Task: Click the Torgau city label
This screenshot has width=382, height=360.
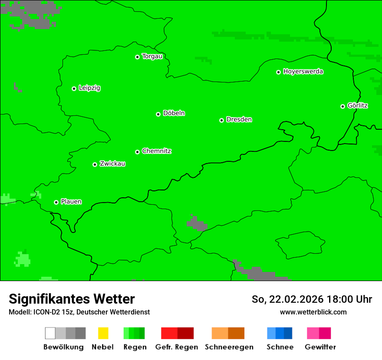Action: tap(152, 56)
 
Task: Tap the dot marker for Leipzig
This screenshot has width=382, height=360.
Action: tap(74, 88)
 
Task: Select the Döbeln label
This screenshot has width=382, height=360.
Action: tap(174, 113)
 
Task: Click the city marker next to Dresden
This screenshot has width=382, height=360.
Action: tap(221, 120)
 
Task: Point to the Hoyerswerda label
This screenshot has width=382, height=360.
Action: tap(303, 72)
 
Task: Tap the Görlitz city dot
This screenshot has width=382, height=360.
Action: tap(342, 106)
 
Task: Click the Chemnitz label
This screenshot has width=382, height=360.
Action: tap(156, 151)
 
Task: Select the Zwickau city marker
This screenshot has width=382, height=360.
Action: tap(95, 164)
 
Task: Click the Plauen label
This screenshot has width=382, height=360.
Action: tap(71, 202)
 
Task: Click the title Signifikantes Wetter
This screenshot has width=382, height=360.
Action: tap(72, 299)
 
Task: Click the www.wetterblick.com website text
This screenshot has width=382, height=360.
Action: tap(313, 312)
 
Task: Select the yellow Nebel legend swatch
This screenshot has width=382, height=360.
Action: tap(103, 333)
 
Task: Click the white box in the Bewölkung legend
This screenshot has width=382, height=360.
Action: tap(50, 333)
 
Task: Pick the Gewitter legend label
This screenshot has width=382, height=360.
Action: tap(320, 347)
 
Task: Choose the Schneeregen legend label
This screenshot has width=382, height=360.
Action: tap(229, 347)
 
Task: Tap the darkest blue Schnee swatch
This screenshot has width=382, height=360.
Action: tap(288, 333)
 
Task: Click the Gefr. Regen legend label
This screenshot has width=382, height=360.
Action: tap(176, 347)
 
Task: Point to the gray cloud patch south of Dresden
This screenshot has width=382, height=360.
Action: tap(196, 223)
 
